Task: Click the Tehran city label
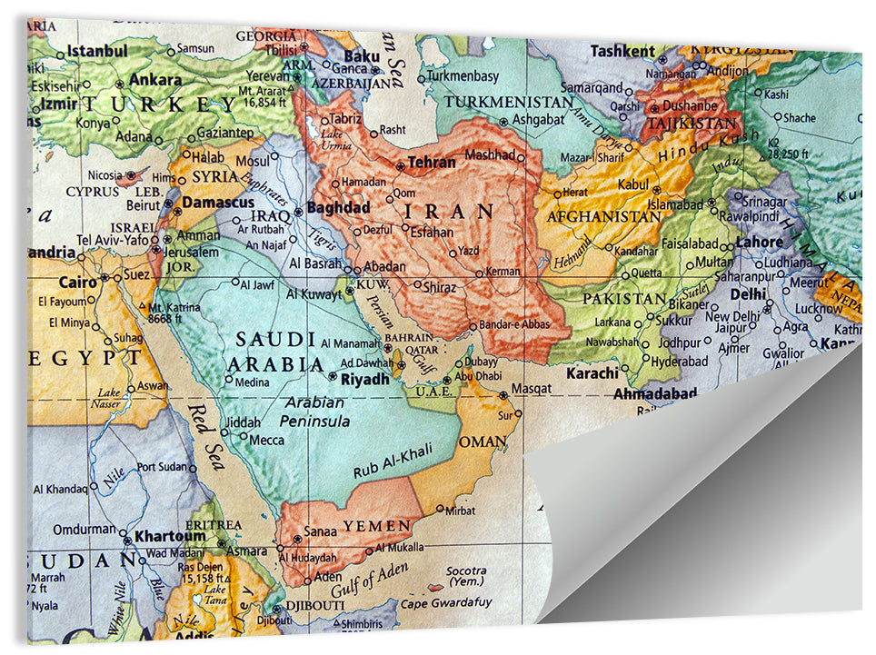click(431, 164)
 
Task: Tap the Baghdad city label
click(339, 207)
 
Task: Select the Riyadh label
click(364, 379)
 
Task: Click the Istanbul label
click(97, 51)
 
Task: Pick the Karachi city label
click(592, 372)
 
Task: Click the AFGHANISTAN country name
click(603, 217)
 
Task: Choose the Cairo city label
click(77, 283)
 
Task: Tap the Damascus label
click(218, 203)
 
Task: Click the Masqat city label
click(532, 389)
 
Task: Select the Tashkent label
click(622, 52)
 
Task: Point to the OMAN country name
click(483, 442)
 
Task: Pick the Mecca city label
click(266, 441)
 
